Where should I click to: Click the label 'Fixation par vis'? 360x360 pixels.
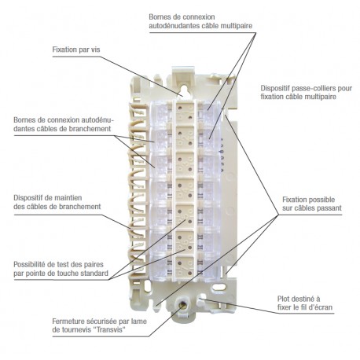point(76,50)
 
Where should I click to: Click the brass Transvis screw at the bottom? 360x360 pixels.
point(182,304)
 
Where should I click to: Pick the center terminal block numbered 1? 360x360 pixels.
point(185,112)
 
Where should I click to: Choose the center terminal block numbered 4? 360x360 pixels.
point(185,190)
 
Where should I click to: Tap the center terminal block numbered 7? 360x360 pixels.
point(185,268)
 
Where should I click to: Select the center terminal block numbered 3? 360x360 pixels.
point(185,164)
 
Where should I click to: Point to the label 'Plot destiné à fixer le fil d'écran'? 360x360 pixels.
point(305,303)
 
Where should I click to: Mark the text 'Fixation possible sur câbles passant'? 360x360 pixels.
point(312,204)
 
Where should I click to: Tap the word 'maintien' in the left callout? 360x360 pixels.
point(68,198)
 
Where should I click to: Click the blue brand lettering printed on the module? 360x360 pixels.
point(222,155)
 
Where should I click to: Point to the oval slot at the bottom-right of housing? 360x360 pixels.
point(219,288)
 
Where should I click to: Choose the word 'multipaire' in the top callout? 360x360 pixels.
point(237,26)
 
